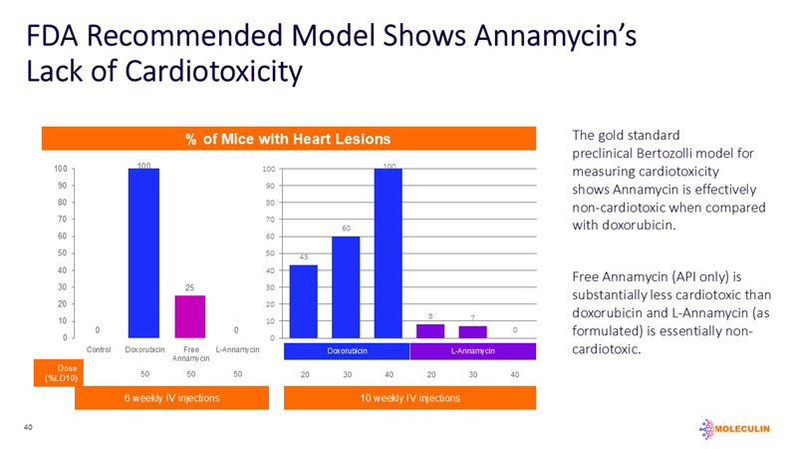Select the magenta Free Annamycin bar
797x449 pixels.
pyautogui.click(x=189, y=316)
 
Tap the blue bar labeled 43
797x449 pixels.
pyautogui.click(x=304, y=300)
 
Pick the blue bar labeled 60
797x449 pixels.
pyautogui.click(x=346, y=286)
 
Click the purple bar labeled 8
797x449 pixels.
pyautogui.click(x=430, y=330)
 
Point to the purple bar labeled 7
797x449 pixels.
pyautogui.click(x=472, y=331)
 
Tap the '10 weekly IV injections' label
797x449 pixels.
pyautogui.click(x=410, y=398)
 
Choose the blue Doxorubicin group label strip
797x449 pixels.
pyautogui.click(x=347, y=351)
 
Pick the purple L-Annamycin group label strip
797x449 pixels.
pyautogui.click(x=473, y=351)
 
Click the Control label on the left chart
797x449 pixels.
pyautogui.click(x=99, y=350)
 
